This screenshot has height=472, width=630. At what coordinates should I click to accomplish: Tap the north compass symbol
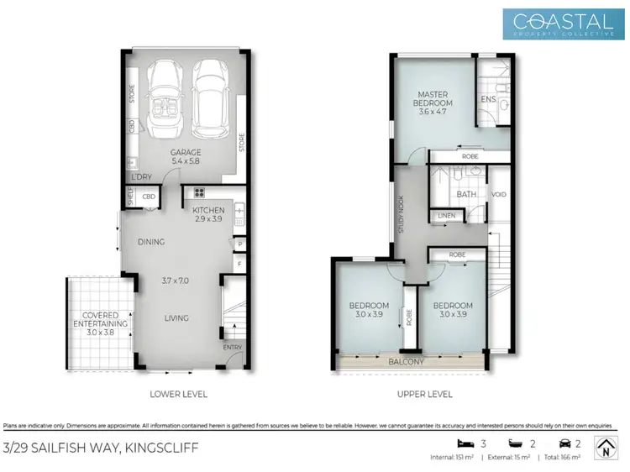(x=606, y=448)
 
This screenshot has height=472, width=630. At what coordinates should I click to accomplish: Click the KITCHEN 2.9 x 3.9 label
(x=208, y=214)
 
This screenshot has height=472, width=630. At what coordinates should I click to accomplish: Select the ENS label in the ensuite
(x=487, y=100)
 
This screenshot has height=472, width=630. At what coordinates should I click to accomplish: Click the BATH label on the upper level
(x=466, y=194)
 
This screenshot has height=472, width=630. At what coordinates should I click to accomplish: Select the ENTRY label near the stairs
(x=232, y=347)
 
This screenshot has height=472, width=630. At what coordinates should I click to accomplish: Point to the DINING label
(x=151, y=242)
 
